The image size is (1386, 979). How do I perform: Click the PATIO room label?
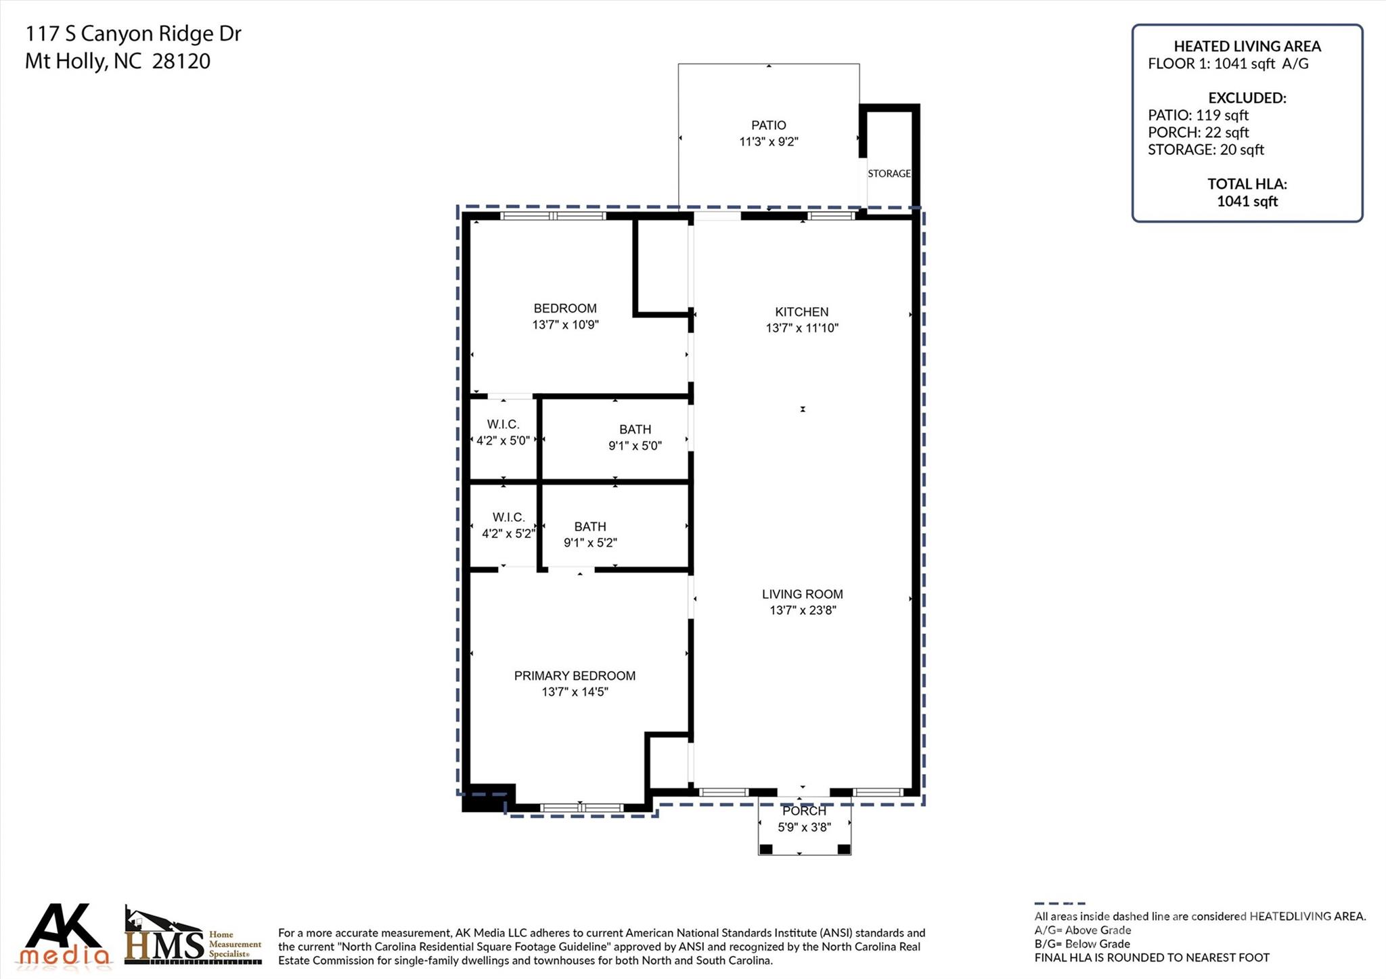(768, 125)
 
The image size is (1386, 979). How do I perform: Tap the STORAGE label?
(889, 174)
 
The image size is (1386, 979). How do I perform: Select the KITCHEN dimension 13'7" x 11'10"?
(802, 328)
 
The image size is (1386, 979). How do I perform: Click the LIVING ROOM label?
(802, 594)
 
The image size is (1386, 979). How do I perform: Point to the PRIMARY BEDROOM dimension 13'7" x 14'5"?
(575, 691)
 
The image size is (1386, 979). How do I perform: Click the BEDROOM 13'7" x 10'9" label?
(565, 316)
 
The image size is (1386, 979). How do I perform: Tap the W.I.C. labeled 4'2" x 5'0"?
(503, 432)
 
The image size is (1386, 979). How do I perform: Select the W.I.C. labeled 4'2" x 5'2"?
(508, 525)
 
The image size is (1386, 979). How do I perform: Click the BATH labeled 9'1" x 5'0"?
(635, 437)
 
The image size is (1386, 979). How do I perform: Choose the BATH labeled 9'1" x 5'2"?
(590, 534)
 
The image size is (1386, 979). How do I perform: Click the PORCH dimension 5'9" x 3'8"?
(803, 827)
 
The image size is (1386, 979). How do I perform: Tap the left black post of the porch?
(765, 849)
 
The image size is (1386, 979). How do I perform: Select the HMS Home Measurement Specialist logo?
(193, 937)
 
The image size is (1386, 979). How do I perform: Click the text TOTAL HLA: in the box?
(1247, 184)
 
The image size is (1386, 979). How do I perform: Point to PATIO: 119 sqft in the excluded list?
(1198, 115)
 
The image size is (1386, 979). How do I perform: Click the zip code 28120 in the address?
(181, 62)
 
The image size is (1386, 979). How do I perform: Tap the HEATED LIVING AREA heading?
(1247, 46)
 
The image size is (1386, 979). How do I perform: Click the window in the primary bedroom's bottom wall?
(581, 807)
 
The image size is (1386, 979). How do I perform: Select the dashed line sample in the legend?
(1059, 903)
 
